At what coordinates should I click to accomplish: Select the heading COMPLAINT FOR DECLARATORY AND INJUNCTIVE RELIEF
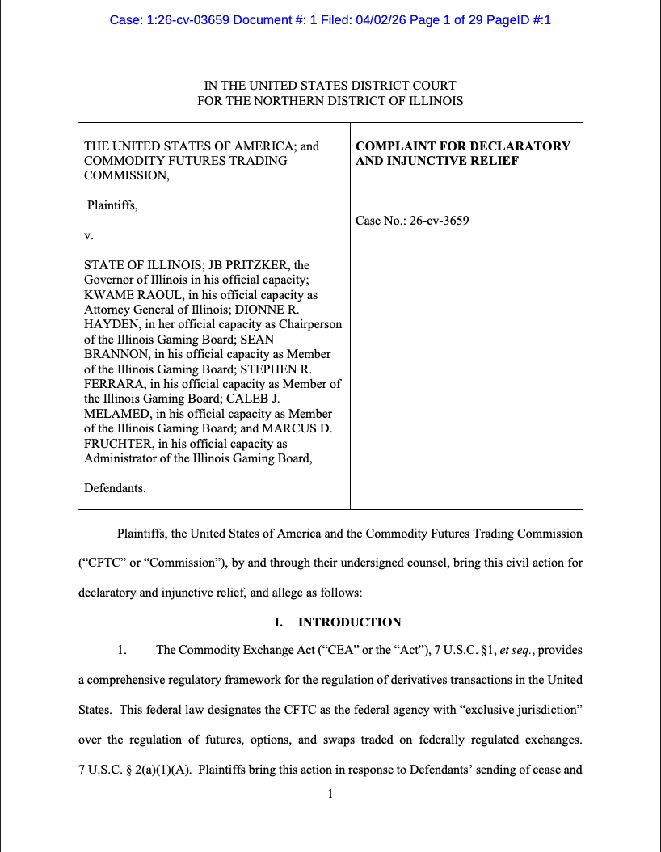point(463,154)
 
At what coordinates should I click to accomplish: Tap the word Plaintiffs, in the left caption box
point(112,205)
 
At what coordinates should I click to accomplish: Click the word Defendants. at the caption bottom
point(116,488)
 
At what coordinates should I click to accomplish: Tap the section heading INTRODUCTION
point(350,622)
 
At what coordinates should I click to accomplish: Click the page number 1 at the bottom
point(330,795)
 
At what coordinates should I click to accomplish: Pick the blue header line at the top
point(330,19)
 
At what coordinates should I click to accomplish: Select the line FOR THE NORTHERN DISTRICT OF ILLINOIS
point(330,101)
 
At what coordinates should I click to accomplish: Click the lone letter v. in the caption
point(89,235)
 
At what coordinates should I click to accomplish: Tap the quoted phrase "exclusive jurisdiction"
point(518,710)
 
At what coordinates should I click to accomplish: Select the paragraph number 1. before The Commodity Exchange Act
point(122,650)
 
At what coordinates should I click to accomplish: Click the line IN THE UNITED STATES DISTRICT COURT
point(330,86)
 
